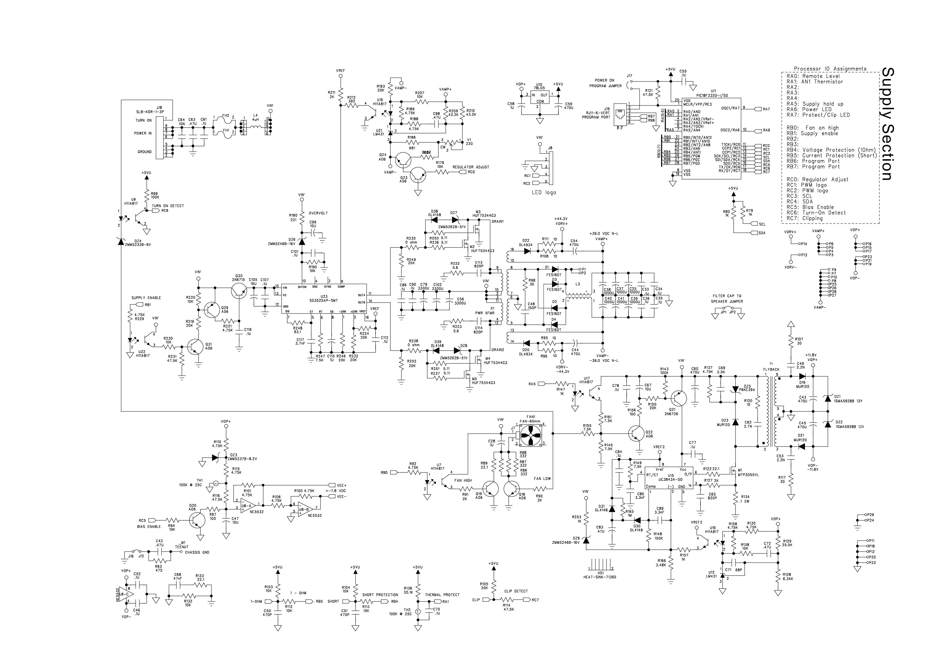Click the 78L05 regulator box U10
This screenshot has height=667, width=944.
pyautogui.click(x=539, y=98)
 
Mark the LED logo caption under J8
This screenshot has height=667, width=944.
pyautogui.click(x=544, y=192)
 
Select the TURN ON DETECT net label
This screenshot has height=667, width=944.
pyautogui.click(x=168, y=206)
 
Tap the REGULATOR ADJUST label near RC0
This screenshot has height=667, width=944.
pyautogui.click(x=471, y=167)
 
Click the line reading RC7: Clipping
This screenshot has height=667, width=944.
pyautogui.click(x=805, y=218)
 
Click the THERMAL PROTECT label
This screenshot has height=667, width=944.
pyautogui.click(x=442, y=595)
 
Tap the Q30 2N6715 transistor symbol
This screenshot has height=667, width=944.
pyautogui.click(x=238, y=291)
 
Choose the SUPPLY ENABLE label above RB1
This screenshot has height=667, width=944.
pyautogui.click(x=146, y=298)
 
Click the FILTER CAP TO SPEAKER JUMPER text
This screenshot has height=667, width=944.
pyautogui.click(x=727, y=299)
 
